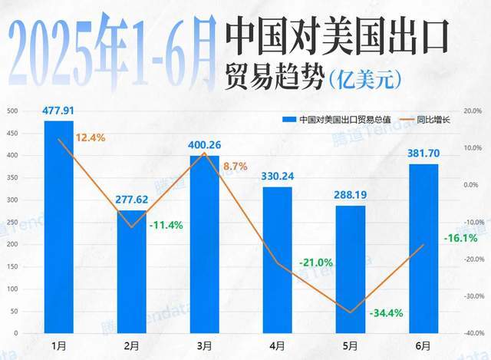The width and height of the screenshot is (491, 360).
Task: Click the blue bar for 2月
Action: [131, 272]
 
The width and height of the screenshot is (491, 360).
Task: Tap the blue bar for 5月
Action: [351, 269]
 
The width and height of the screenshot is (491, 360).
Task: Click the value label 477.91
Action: [59, 111]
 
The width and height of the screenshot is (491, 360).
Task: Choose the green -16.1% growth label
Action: [460, 238]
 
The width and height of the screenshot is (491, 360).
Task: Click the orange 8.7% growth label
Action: [235, 166]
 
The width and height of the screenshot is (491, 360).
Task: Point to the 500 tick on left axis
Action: [12, 111]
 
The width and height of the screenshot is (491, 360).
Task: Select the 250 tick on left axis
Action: [12, 222]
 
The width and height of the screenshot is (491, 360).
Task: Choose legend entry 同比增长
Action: [431, 120]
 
